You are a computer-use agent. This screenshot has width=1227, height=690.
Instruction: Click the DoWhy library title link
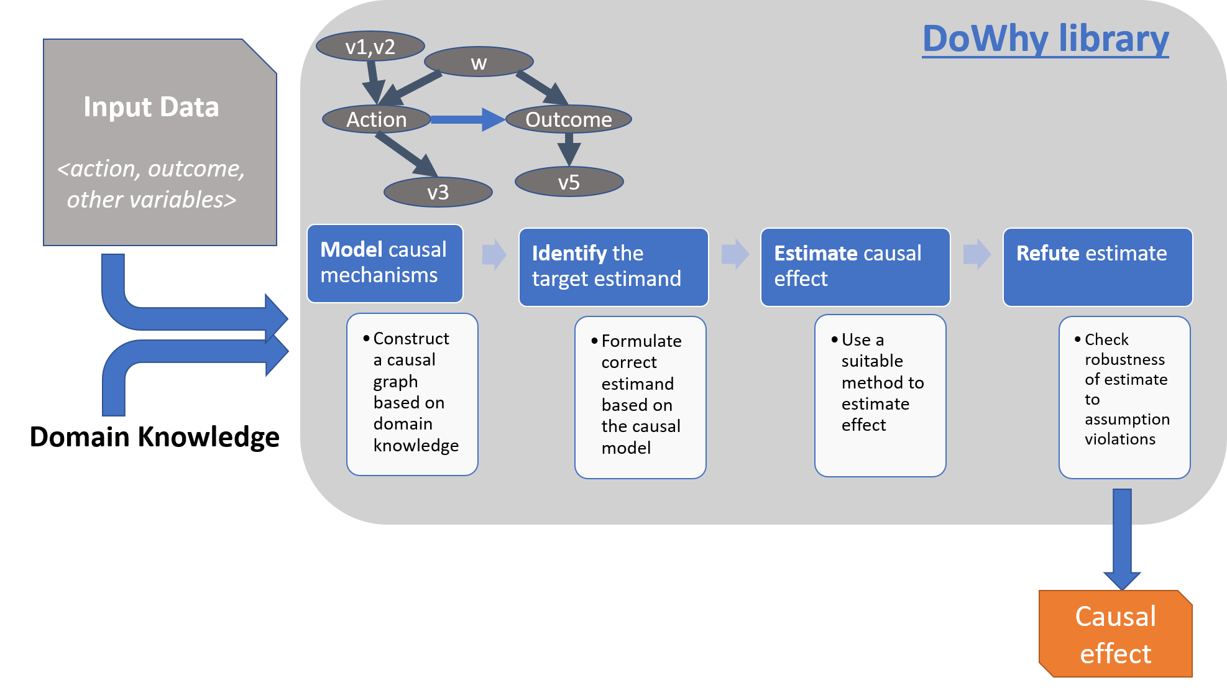1045,39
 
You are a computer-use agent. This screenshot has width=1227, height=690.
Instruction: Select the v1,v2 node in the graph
370,47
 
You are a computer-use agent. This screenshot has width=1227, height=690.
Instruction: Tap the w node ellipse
479,62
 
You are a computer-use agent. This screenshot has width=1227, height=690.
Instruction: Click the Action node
377,119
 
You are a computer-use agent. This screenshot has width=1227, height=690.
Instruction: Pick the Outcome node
569,119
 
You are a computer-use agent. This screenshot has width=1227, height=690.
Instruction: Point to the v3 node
438,192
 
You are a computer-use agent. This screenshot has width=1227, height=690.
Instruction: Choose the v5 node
569,183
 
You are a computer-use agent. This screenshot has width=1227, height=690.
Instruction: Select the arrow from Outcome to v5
569,149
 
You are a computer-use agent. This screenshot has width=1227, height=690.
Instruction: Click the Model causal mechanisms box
385,264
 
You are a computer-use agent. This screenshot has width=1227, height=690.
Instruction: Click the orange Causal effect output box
1115,634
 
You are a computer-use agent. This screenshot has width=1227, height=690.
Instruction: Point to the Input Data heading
151,107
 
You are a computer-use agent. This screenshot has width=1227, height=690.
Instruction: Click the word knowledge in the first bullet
416,446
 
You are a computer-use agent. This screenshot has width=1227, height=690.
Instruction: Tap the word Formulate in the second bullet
641,341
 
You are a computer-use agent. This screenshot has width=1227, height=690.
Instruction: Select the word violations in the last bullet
1119,439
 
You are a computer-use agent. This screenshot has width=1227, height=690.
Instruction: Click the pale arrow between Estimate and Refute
977,254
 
